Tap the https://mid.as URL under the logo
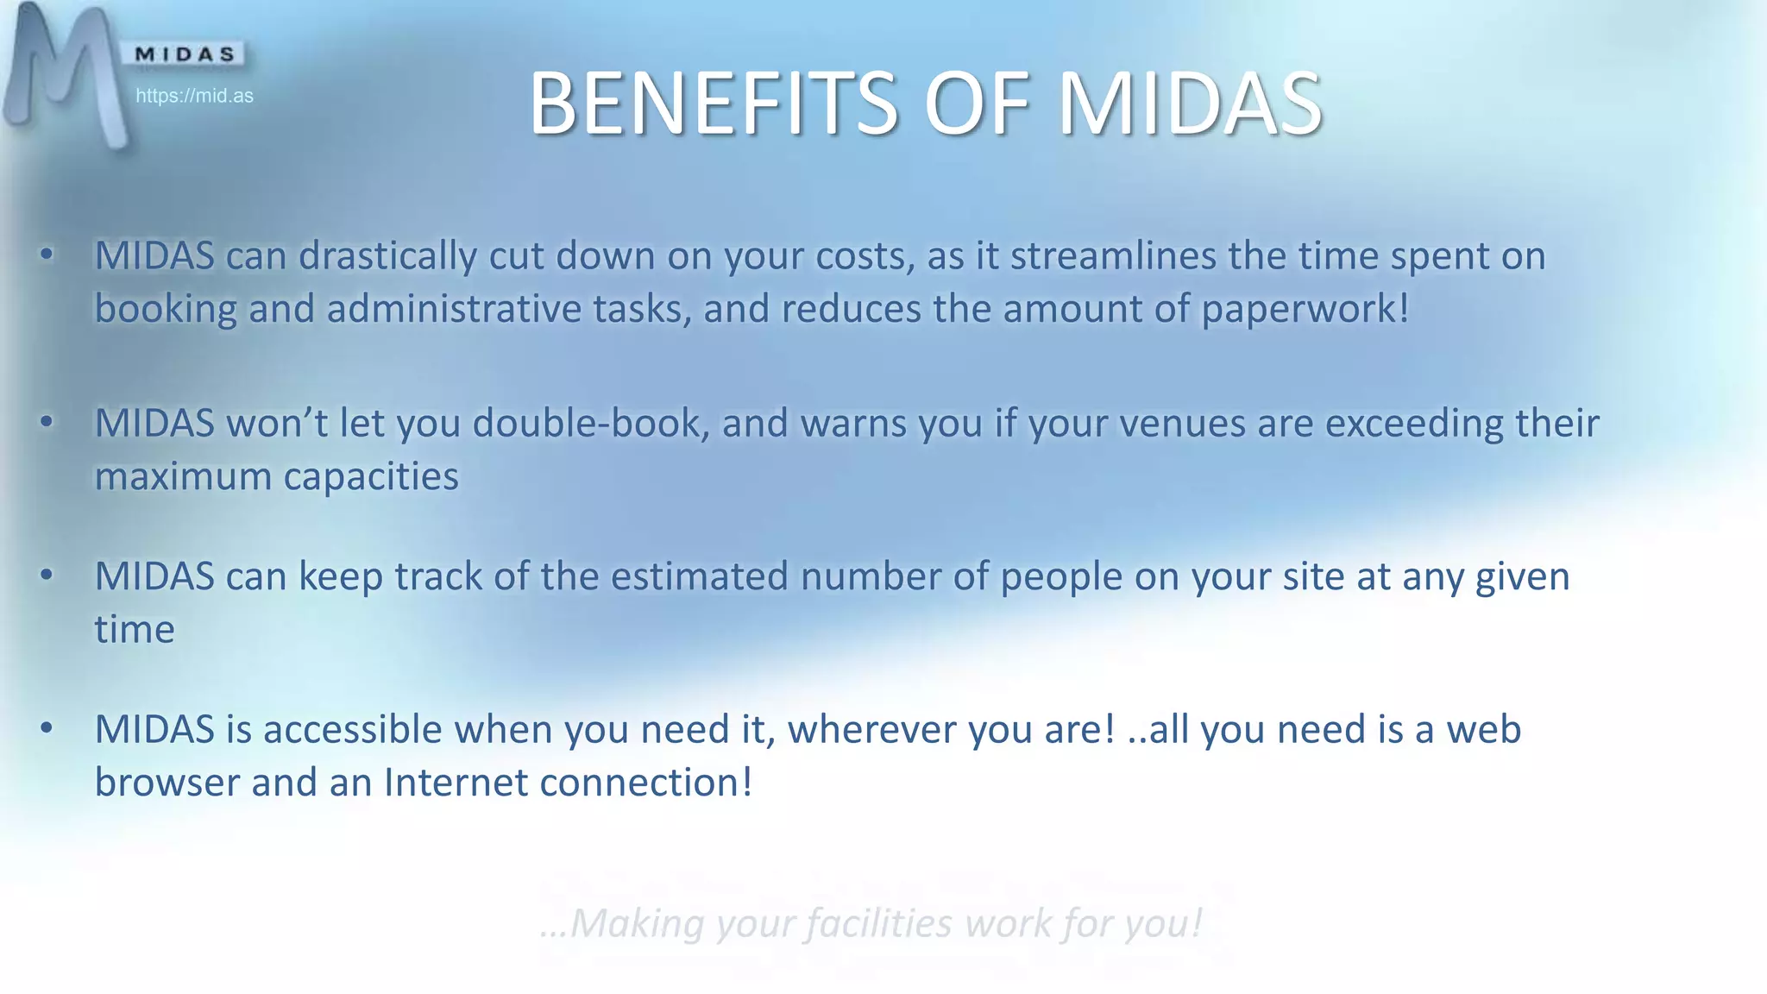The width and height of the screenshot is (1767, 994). pos(194,96)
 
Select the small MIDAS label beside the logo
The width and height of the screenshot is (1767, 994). pos(186,54)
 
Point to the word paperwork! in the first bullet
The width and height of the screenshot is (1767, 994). pos(1305,309)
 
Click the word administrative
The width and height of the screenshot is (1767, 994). pos(454,309)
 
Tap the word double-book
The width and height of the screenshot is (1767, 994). pos(591,424)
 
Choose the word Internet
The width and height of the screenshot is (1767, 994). pos(456,783)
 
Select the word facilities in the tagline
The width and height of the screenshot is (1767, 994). pos(880,923)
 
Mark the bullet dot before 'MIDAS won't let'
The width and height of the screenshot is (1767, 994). pos(47,422)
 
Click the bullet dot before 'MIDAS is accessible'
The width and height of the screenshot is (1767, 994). pos(47,728)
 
